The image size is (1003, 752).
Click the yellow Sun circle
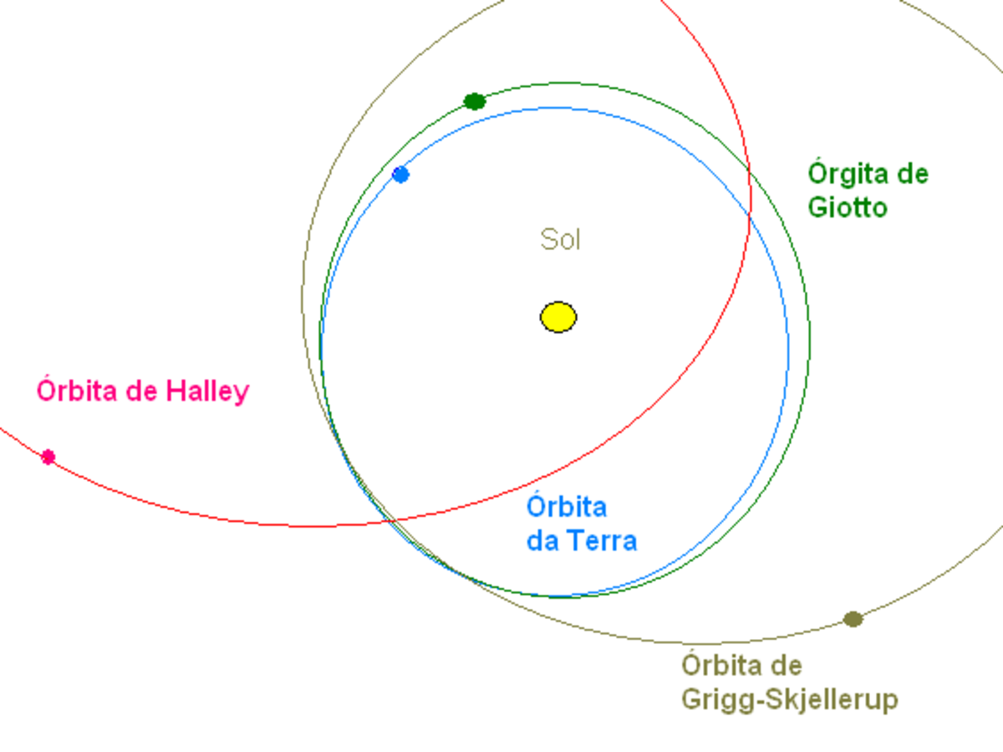pos(558,317)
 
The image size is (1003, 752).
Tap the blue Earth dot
pos(400,175)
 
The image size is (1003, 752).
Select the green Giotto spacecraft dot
pos(474,101)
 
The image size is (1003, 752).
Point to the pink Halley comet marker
pos(48,457)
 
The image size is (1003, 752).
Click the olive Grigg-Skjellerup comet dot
pos(853,619)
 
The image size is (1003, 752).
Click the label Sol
pos(560,239)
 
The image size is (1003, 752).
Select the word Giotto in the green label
pos(848,207)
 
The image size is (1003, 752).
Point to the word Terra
pos(603,541)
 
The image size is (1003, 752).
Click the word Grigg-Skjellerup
pos(790,700)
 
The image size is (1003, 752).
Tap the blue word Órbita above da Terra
pos(567,506)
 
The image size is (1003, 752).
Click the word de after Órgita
pos(912,174)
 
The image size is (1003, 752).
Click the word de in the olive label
pos(786,665)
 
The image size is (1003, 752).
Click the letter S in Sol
pos(548,239)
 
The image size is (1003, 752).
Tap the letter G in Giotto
pos(817,207)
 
